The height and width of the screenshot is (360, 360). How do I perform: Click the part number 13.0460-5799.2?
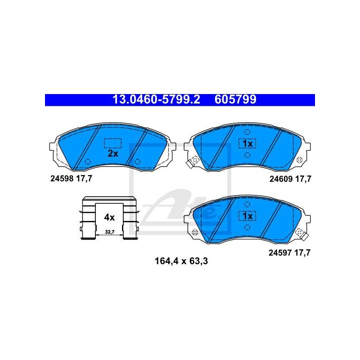click(x=156, y=99)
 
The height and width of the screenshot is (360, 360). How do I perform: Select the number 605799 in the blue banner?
click(x=235, y=99)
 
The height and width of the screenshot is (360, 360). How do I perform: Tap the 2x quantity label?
click(x=113, y=153)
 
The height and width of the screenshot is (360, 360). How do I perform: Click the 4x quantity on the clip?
click(x=109, y=217)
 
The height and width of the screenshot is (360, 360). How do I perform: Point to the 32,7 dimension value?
click(x=110, y=232)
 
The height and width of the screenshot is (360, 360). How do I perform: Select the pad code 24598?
click(x=62, y=178)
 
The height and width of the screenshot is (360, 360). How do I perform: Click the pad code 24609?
click(x=281, y=179)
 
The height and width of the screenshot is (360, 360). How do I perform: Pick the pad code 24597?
click(x=280, y=253)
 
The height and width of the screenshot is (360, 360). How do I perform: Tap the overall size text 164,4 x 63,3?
click(x=181, y=261)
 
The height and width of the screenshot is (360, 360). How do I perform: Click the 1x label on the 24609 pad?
click(x=247, y=144)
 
